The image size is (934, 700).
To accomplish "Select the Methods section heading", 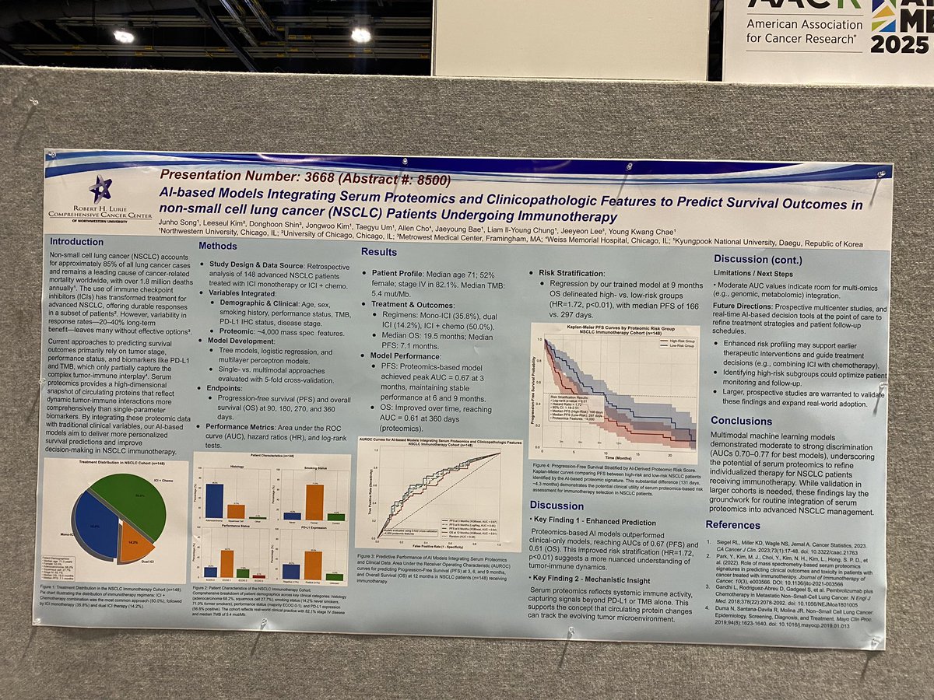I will click(218, 246).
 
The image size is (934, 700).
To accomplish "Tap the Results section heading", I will click(380, 251).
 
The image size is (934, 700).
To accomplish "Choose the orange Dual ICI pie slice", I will click(135, 545).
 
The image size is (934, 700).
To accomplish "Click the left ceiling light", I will click(123, 36).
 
